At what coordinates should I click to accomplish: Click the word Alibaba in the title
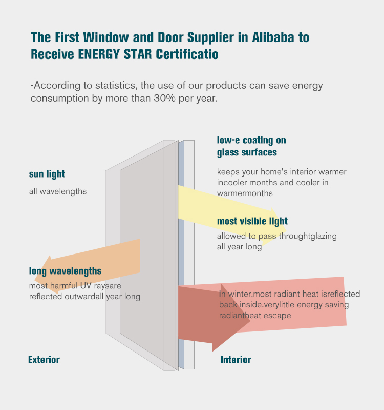point(273,37)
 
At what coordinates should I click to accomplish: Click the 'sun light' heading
point(47,174)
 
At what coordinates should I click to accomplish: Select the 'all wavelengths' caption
point(58,191)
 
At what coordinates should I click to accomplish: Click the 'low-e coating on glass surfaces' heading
point(251,146)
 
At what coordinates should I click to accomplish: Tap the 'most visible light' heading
point(252,221)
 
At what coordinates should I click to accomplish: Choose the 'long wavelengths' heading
point(65,271)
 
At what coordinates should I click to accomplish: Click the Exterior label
point(44,360)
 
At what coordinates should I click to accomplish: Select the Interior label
point(236,360)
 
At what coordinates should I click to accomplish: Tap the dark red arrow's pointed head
point(250,321)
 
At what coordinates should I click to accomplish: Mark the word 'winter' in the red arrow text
point(240,294)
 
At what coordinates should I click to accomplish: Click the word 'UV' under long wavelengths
point(86,286)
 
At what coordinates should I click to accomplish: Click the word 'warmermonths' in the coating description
point(245,193)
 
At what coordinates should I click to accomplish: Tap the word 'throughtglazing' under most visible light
point(308,237)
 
